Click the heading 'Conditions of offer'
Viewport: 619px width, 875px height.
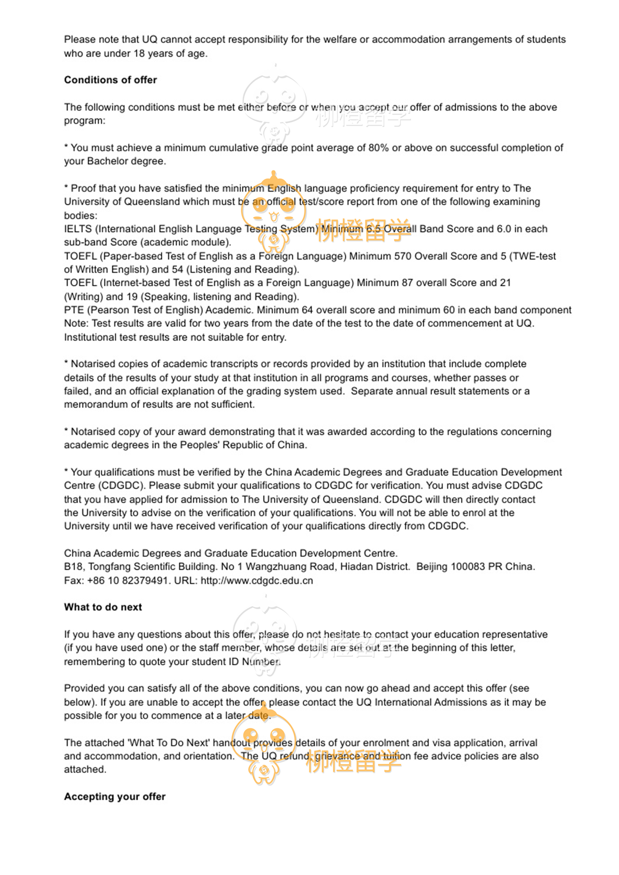[x=111, y=80]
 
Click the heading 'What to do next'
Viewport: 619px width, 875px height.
[x=103, y=607]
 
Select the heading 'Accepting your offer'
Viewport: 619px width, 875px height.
[x=115, y=797]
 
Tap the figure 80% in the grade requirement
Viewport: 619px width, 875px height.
[x=378, y=148]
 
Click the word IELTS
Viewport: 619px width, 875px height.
[x=78, y=229]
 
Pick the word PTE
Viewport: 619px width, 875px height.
[x=74, y=310]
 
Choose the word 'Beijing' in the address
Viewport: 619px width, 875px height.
[x=432, y=567]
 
